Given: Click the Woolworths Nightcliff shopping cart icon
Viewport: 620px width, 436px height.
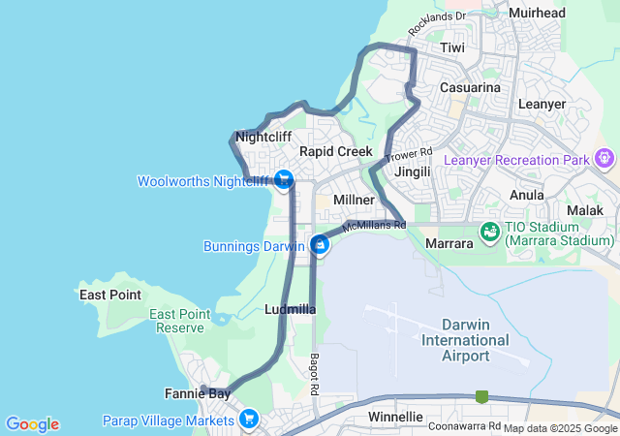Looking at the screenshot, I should (284, 180).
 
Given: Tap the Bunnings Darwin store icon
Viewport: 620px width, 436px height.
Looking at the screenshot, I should (319, 245).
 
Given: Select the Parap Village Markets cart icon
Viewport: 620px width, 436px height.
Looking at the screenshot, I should (250, 420).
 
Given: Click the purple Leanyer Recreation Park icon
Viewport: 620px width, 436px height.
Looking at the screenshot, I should (606, 156).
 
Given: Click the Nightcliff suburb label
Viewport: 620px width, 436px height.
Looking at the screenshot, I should (263, 137).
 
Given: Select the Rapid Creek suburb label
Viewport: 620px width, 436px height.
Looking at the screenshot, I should (335, 152).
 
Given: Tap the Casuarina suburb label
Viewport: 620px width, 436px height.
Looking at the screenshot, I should (470, 88).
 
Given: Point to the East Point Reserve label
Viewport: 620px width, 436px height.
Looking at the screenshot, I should (180, 321).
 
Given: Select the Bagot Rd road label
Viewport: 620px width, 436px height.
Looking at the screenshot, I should (315, 374).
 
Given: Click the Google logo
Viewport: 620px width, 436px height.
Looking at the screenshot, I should (32, 423).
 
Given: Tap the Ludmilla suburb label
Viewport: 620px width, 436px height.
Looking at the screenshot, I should (290, 310).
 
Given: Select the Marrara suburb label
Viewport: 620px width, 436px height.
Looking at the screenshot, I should (449, 243).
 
